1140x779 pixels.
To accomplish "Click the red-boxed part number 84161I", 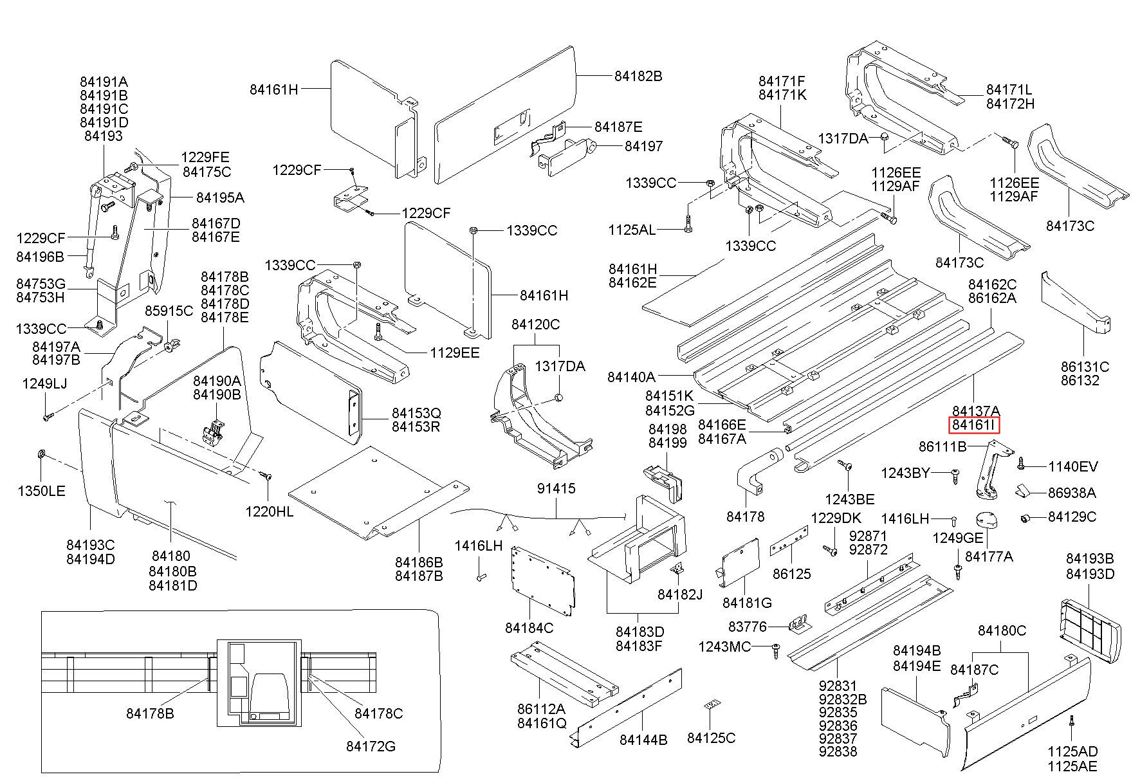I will pyautogui.click(x=976, y=425).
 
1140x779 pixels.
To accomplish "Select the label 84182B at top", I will pyautogui.click(x=638, y=76).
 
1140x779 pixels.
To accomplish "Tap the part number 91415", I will pyautogui.click(x=556, y=489).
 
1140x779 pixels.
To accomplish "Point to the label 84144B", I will pyautogui.click(x=643, y=740).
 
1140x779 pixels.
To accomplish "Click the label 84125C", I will pyautogui.click(x=711, y=738).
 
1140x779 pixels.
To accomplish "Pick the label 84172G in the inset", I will pyautogui.click(x=371, y=746).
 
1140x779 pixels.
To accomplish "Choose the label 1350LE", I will pyautogui.click(x=41, y=491).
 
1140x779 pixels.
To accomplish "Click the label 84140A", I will pyautogui.click(x=631, y=376).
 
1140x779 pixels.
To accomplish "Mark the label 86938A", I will pyautogui.click(x=1072, y=493).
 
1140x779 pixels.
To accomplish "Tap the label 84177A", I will pyautogui.click(x=989, y=556).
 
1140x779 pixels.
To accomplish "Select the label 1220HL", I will pyautogui.click(x=269, y=511).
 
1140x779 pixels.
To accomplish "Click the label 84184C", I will pyautogui.click(x=529, y=627).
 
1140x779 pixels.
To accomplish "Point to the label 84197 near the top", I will pyautogui.click(x=643, y=147).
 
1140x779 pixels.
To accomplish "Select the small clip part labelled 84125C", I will pyautogui.click(x=711, y=706).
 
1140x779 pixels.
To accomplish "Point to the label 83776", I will pyautogui.click(x=747, y=626).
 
